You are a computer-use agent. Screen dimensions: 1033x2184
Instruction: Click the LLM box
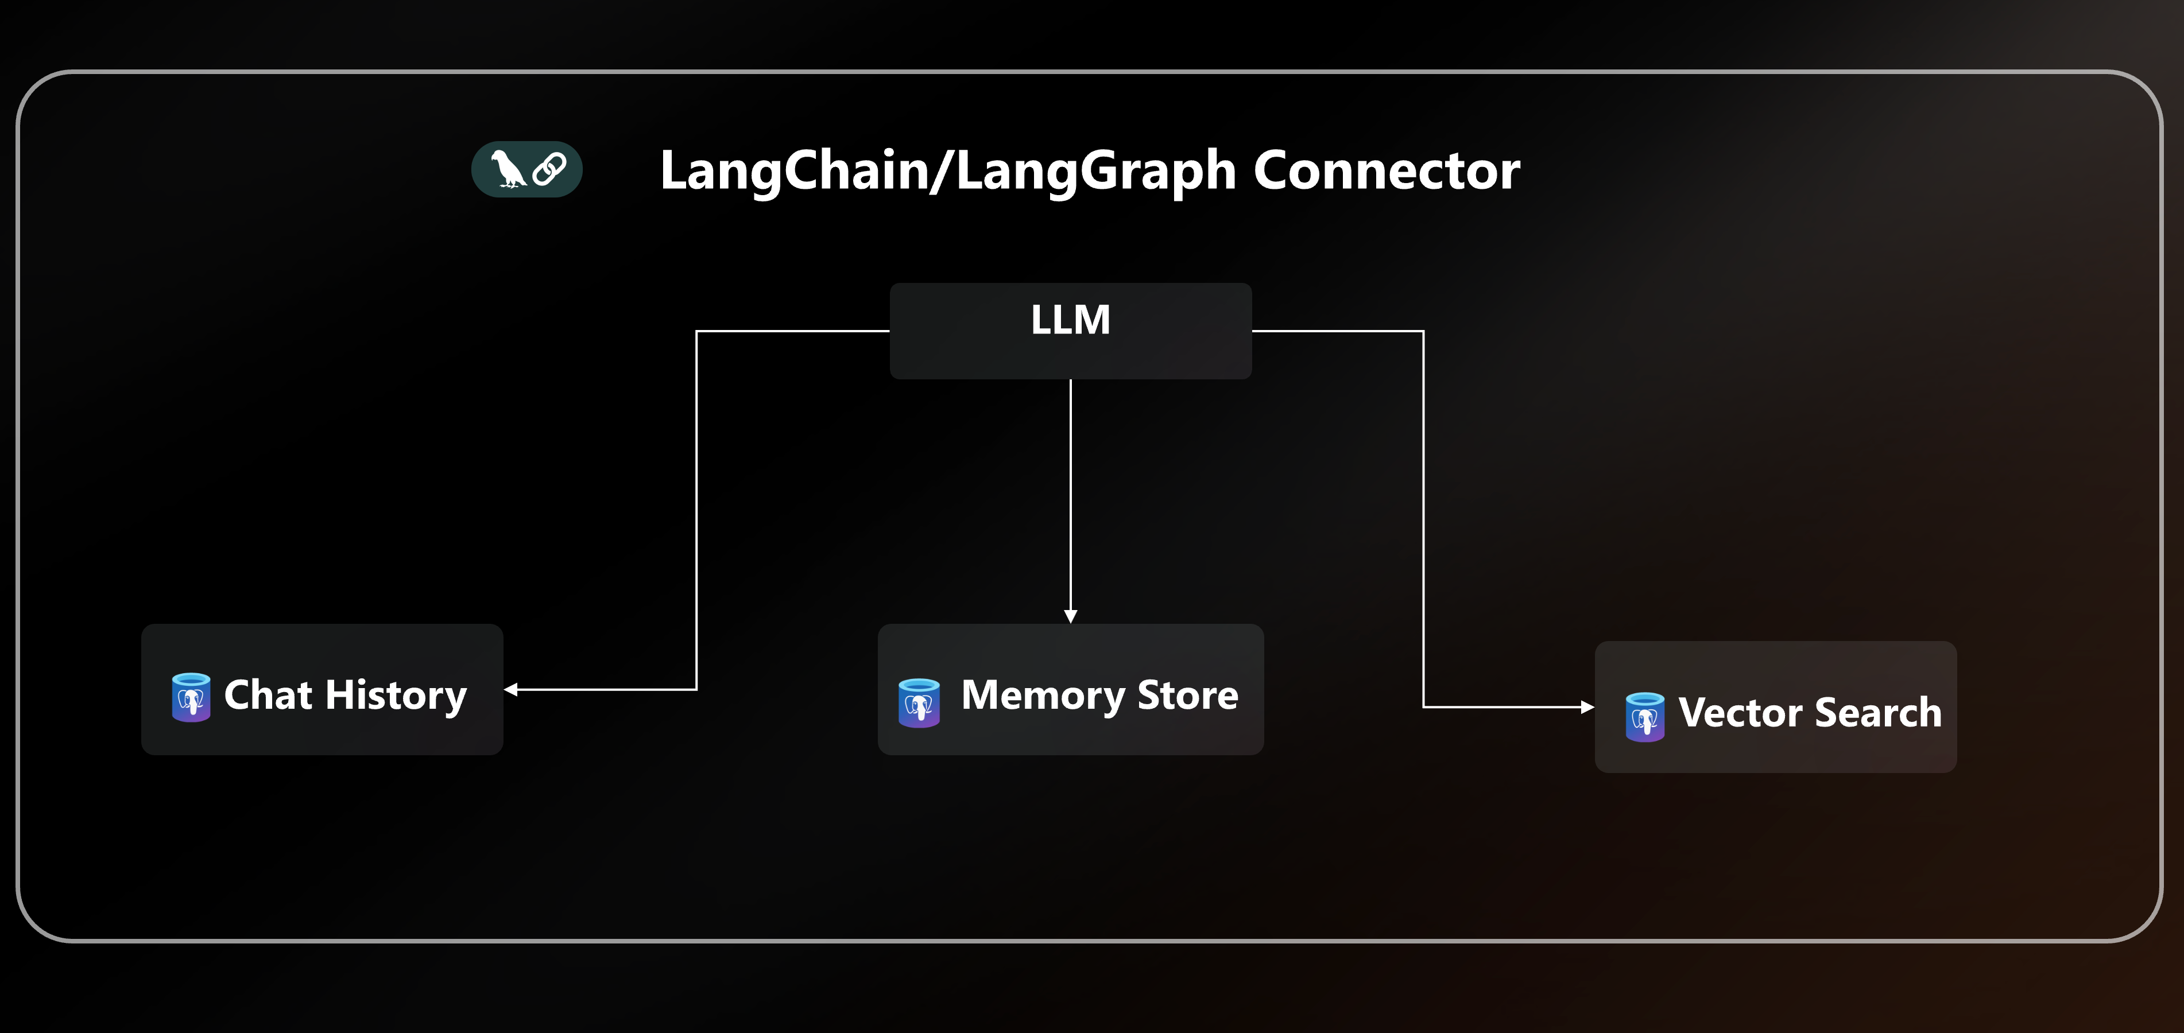(1070, 331)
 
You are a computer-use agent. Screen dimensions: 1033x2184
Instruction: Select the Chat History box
(322, 689)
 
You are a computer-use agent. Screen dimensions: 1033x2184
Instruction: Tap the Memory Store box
(1070, 689)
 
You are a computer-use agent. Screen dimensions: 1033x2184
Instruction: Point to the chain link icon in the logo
(549, 169)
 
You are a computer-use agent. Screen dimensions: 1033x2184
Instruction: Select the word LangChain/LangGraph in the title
(948, 170)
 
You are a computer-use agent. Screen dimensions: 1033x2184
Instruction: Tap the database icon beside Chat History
(191, 697)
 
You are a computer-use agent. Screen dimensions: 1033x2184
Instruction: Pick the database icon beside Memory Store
(918, 702)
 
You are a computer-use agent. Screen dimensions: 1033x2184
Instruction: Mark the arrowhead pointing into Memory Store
(1070, 616)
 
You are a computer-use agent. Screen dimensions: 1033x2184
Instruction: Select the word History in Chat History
(396, 695)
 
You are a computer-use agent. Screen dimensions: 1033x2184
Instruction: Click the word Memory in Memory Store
(1043, 695)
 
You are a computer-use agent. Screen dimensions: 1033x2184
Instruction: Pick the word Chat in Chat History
(268, 695)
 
